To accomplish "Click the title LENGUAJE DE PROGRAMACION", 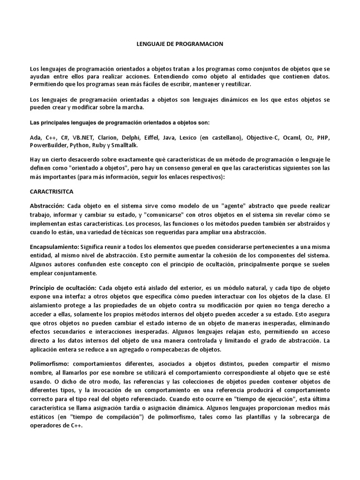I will click(x=180, y=44).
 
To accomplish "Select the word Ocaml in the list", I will click(x=294, y=138).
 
